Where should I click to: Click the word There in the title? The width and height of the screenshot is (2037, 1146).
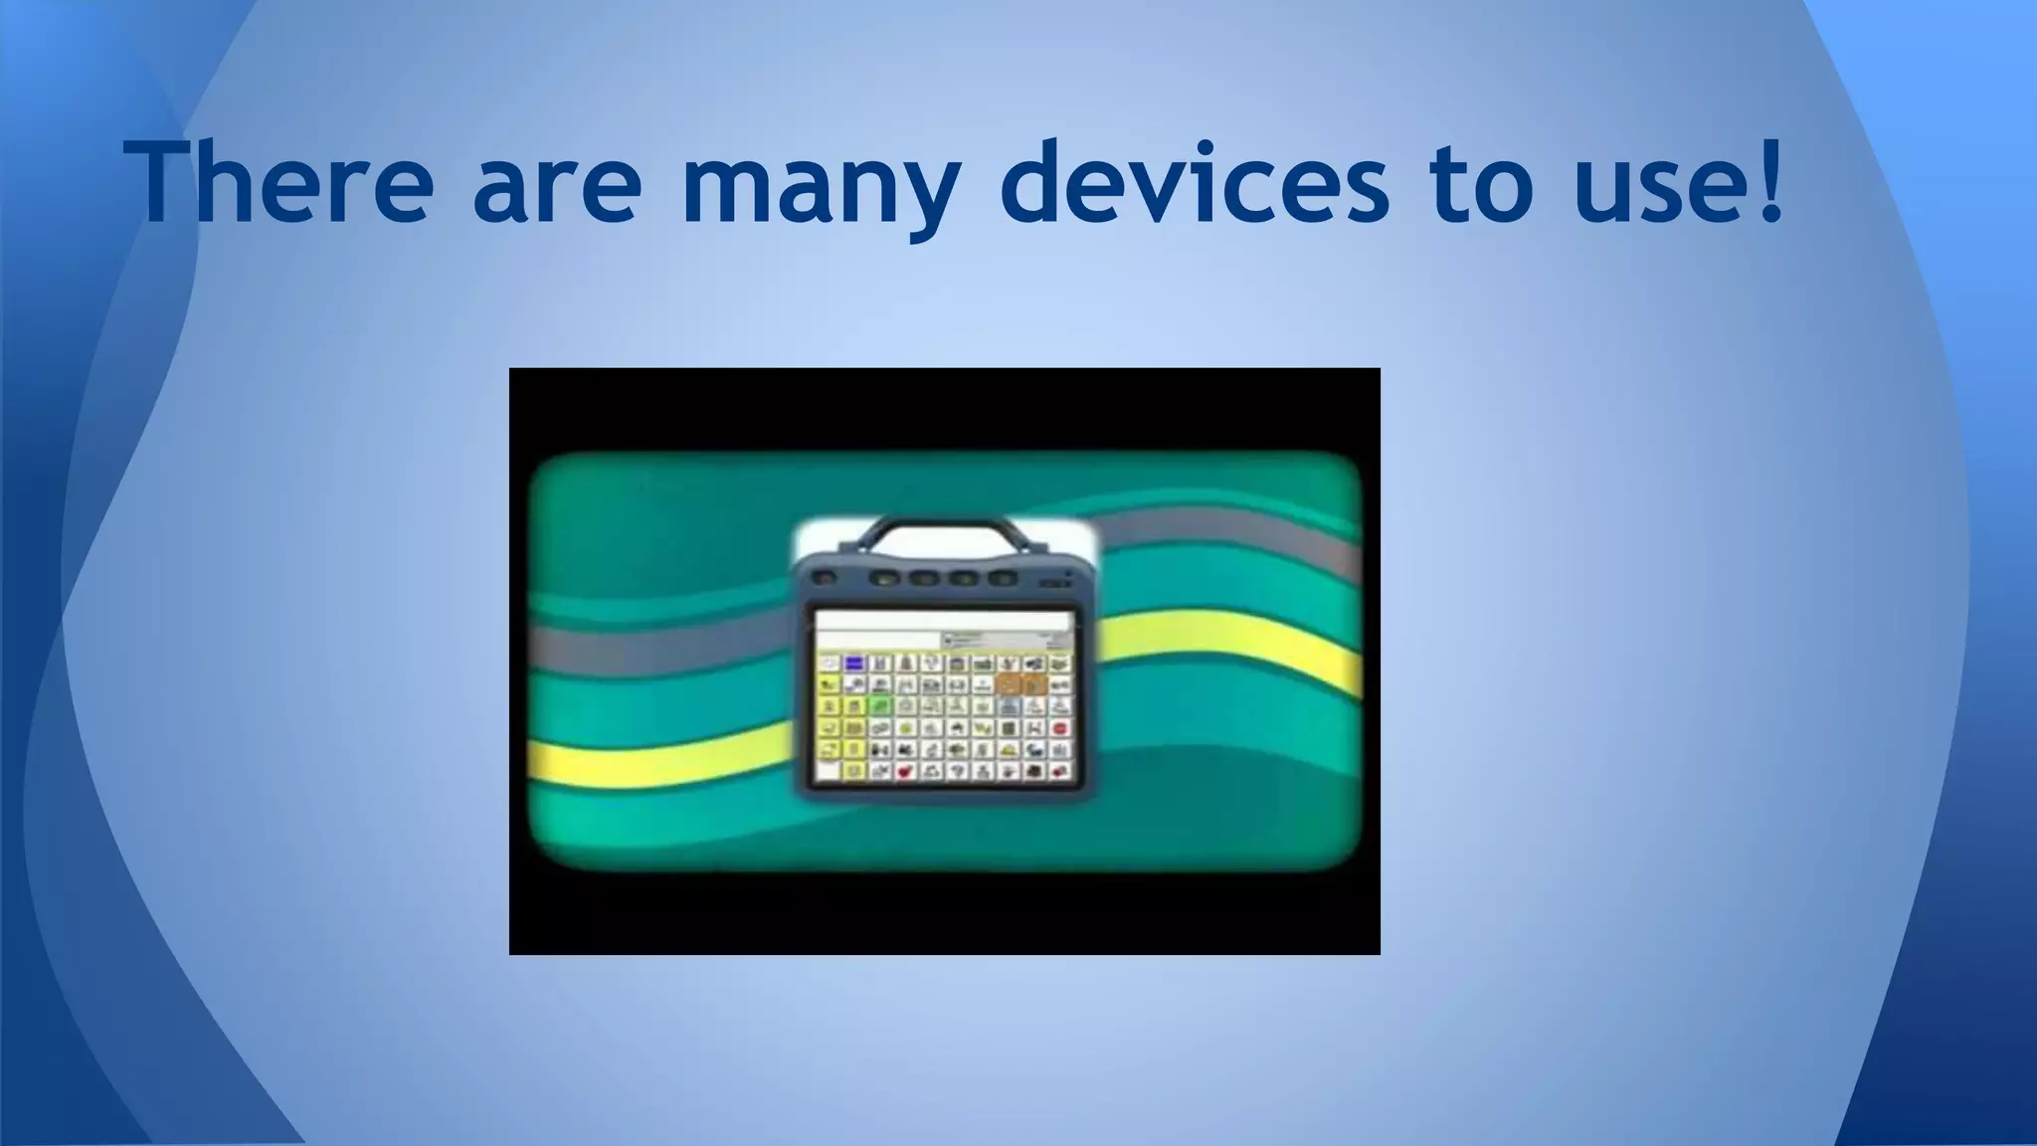click(x=279, y=183)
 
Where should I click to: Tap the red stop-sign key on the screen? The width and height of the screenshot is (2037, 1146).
click(x=1059, y=727)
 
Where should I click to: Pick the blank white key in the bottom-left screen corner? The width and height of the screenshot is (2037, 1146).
click(x=828, y=771)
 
